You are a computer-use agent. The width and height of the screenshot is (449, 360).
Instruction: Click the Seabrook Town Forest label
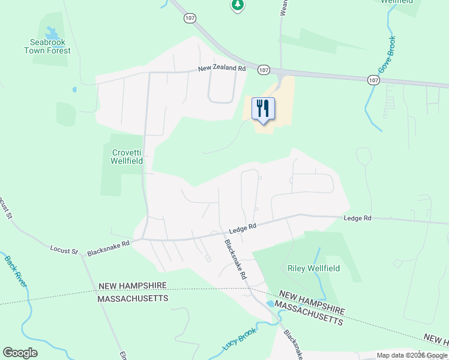pos(47,47)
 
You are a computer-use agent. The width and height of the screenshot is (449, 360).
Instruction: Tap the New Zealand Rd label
pos(223,69)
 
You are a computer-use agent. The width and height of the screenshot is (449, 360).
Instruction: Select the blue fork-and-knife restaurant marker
pos(263,109)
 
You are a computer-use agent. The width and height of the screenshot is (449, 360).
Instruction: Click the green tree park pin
pos(238,5)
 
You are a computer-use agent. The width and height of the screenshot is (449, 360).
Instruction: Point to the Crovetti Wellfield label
pos(127,157)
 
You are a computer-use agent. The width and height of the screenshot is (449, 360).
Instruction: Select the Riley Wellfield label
pos(314,268)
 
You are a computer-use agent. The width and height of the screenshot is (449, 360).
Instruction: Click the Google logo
pos(20,353)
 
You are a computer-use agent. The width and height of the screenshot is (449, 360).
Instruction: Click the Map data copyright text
pos(412,355)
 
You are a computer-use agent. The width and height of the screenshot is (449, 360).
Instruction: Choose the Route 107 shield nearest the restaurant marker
pos(264,70)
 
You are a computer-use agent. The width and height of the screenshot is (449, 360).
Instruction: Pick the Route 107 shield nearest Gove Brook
pos(373,80)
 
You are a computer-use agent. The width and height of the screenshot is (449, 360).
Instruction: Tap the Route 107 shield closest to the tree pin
pos(190,19)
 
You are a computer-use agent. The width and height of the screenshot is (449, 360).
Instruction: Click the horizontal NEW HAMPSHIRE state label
pos(132,287)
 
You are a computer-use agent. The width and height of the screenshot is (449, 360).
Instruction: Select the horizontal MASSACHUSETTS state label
pos(133,298)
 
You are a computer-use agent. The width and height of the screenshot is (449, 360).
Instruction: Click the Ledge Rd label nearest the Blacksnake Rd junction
pos(243,228)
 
